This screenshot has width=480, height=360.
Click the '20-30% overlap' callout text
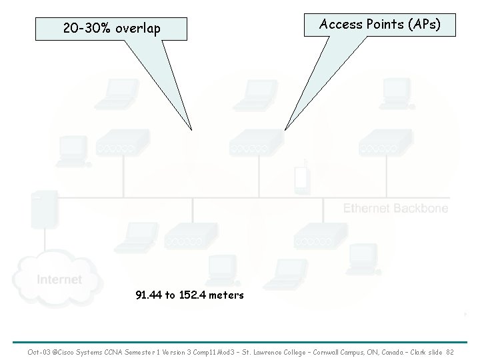pos(111,29)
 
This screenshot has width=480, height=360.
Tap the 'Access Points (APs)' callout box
pos(379,25)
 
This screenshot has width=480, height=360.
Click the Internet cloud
pos(59,279)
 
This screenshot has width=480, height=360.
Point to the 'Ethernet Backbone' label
pos(395,209)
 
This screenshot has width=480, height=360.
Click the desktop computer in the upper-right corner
pos(392,93)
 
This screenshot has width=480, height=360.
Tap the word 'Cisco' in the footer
pos(74,351)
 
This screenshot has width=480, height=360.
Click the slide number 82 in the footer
pos(449,351)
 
